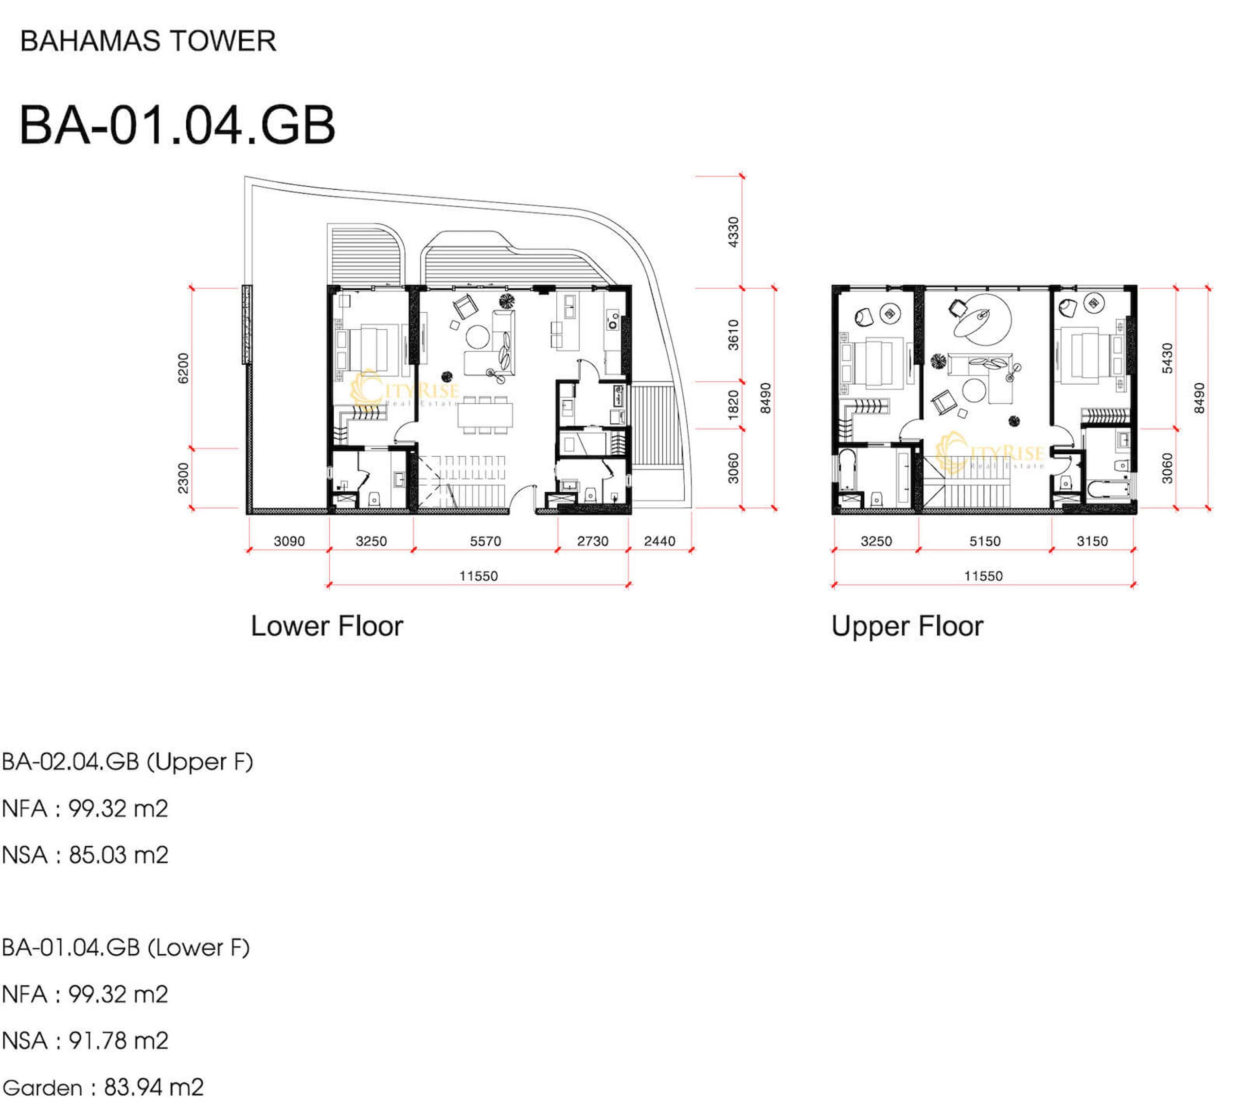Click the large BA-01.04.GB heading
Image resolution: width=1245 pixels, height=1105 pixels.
[177, 125]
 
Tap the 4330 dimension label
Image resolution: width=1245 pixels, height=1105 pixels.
[733, 232]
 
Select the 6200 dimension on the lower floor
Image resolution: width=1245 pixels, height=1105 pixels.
[183, 369]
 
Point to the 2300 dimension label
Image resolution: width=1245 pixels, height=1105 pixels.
[183, 478]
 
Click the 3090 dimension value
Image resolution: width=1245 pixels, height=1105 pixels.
[289, 541]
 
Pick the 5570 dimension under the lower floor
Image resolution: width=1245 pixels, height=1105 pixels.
[485, 541]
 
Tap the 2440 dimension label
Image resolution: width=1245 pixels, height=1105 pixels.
[659, 541]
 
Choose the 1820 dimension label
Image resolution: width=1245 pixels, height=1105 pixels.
[733, 405]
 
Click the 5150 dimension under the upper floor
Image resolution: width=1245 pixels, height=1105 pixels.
[985, 541]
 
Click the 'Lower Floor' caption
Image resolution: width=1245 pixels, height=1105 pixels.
[327, 626]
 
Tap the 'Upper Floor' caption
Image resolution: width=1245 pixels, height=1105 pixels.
[907, 626]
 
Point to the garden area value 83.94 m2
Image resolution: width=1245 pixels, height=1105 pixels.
[154, 1087]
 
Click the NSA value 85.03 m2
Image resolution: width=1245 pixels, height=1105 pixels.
[118, 855]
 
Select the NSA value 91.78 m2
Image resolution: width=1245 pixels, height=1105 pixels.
[118, 1040]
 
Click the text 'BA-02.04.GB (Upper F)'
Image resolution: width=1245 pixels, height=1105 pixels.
[127, 762]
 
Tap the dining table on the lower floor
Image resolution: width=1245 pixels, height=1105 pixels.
[485, 415]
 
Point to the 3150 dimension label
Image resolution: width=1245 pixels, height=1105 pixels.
[1092, 541]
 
